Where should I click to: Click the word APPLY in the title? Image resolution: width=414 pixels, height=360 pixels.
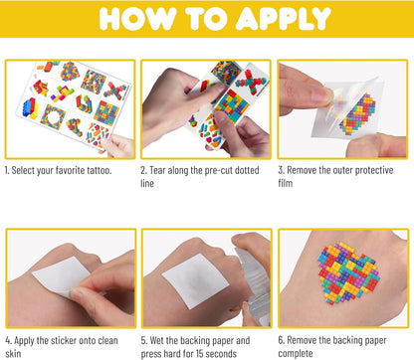pyautogui.click(x=284, y=18)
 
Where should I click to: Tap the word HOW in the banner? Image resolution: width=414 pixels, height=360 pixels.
pyautogui.click(x=137, y=18)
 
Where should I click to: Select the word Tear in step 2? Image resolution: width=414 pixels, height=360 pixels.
pyautogui.click(x=157, y=170)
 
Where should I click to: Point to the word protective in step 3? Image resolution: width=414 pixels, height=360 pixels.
pyautogui.click(x=374, y=170)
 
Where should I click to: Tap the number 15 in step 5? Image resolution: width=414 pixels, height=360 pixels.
pyautogui.click(x=200, y=354)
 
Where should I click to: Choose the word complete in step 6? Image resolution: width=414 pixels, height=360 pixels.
pyautogui.click(x=296, y=354)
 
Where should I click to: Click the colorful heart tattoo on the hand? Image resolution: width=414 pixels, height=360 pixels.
pyautogui.click(x=348, y=272)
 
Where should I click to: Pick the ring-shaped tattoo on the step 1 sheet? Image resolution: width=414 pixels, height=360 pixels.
pyautogui.click(x=52, y=117)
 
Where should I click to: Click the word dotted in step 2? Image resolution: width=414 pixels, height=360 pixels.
pyautogui.click(x=247, y=170)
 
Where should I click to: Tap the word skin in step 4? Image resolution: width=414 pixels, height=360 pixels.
pyautogui.click(x=13, y=354)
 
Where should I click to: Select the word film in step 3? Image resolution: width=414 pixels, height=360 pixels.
pyautogui.click(x=286, y=183)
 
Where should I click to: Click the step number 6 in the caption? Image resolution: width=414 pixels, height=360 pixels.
pyautogui.click(x=281, y=340)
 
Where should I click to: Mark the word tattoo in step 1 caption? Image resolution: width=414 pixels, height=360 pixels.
pyautogui.click(x=99, y=170)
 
